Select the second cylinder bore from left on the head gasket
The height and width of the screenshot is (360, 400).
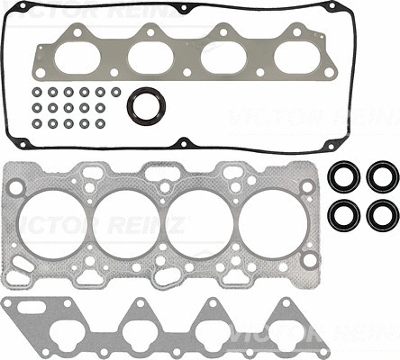click(133, 223)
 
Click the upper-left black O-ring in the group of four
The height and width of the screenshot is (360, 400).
click(341, 176)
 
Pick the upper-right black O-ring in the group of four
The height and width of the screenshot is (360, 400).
click(382, 176)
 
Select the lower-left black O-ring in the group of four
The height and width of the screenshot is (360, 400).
click(341, 214)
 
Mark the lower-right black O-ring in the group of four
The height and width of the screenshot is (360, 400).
click(382, 214)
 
